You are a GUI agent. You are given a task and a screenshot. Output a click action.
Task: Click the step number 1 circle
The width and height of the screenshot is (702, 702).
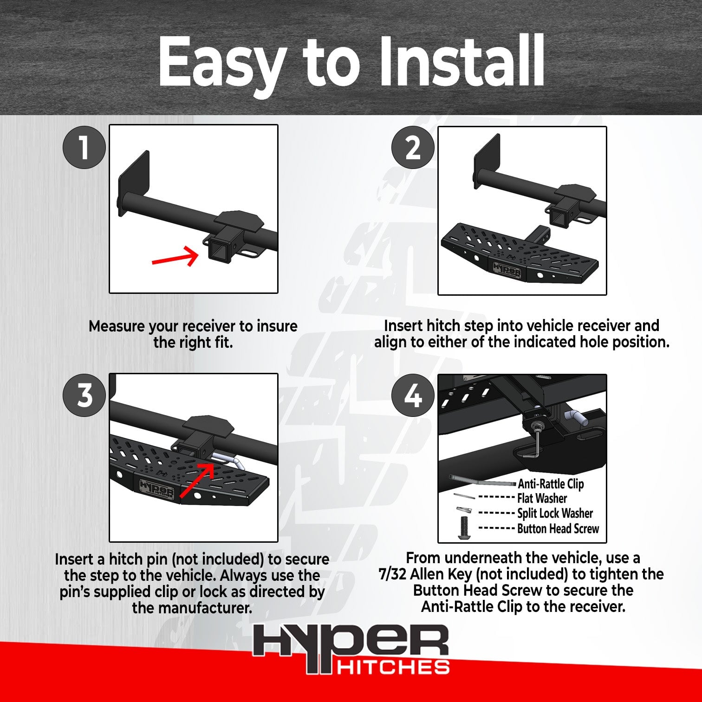(x=84, y=147)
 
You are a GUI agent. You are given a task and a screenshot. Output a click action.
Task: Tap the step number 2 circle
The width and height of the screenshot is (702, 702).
(x=413, y=148)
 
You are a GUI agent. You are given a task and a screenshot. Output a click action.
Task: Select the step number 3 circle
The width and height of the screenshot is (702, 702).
(x=84, y=396)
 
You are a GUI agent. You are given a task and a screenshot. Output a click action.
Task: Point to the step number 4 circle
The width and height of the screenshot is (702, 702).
(x=413, y=396)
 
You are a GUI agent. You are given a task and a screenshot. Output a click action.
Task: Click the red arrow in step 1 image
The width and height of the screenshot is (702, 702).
(x=175, y=257)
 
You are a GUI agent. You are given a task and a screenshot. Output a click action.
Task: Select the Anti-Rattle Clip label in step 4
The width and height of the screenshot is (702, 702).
(x=551, y=484)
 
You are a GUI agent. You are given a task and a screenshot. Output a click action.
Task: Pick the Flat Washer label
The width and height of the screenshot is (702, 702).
(x=542, y=499)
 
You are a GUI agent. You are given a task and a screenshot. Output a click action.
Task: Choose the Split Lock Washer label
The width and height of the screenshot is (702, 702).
(x=555, y=513)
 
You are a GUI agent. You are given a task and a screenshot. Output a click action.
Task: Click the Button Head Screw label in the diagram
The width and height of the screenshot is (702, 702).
(x=558, y=529)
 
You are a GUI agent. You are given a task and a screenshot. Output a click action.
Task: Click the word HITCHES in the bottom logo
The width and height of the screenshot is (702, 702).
(x=393, y=668)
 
